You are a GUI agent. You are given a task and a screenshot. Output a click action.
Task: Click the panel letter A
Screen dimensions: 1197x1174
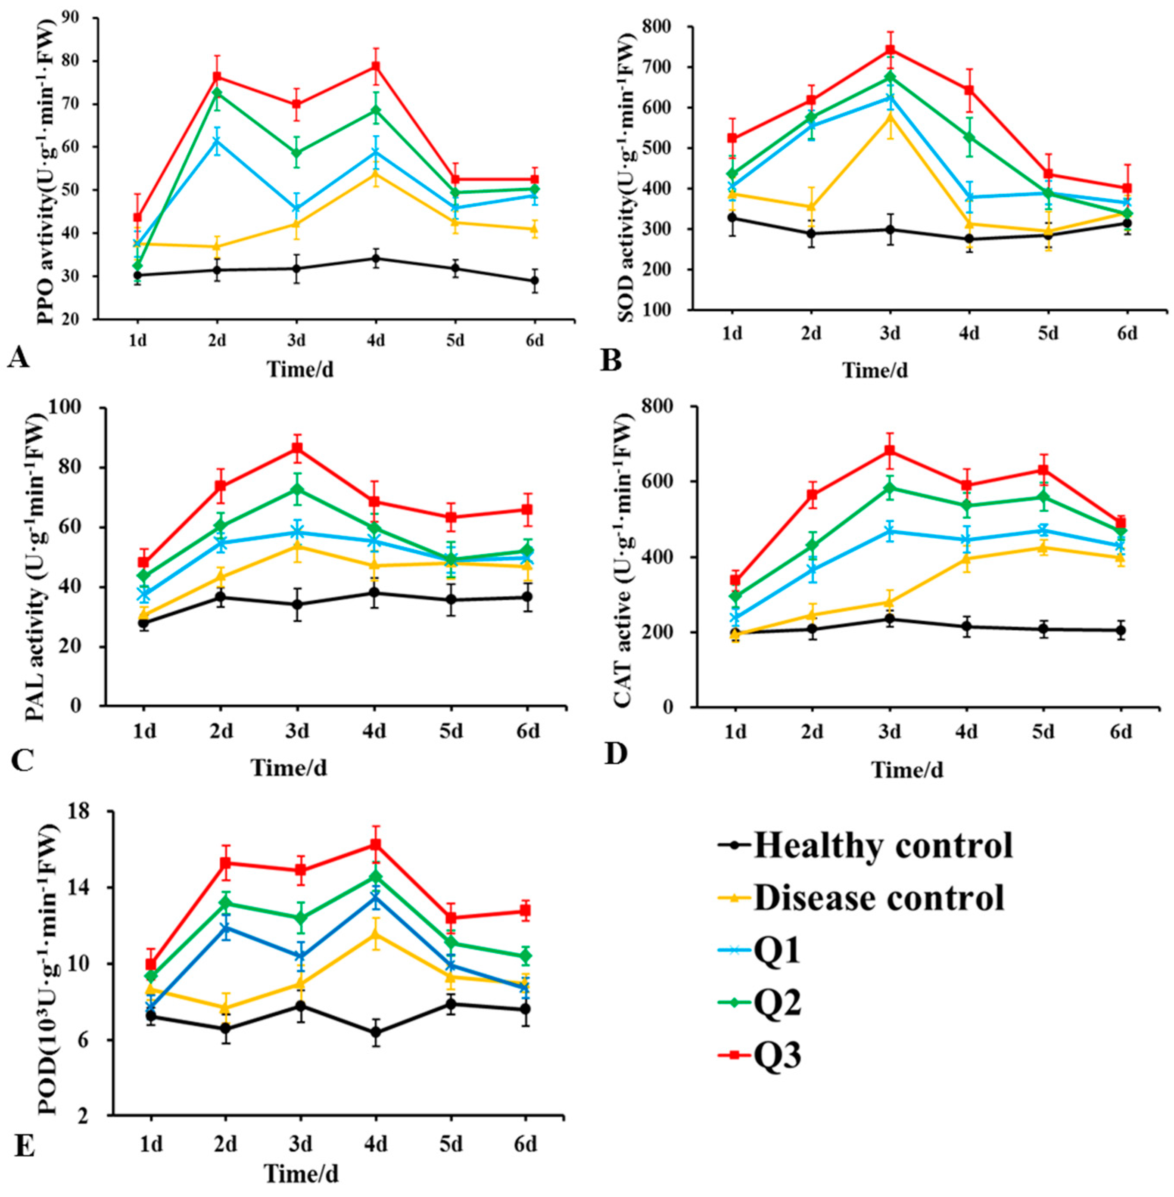[19, 356]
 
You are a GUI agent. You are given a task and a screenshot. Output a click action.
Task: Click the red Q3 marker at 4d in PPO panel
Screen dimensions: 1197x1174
[375, 67]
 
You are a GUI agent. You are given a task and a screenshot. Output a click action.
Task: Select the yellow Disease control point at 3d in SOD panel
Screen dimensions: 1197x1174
[890, 116]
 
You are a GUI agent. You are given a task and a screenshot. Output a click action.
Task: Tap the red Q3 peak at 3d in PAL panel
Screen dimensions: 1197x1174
[297, 447]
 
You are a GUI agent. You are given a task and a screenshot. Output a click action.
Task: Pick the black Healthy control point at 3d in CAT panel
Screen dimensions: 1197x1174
[889, 619]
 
